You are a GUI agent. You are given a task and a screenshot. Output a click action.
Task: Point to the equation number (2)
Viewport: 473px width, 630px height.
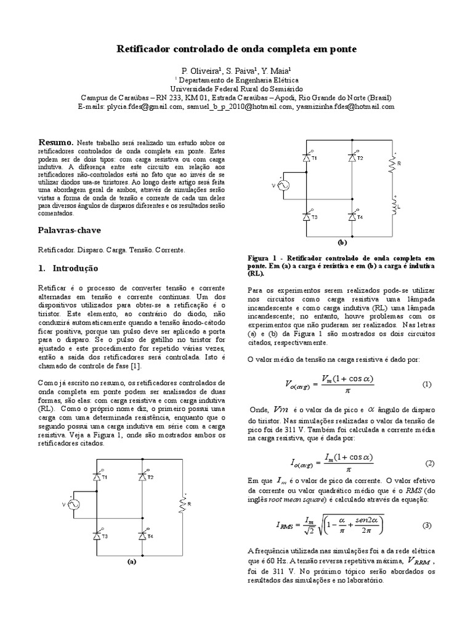(x=429, y=463)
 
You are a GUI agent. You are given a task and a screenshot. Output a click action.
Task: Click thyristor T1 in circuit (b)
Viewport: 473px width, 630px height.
(x=307, y=157)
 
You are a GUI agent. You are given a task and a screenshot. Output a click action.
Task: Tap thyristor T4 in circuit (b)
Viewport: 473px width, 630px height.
(x=352, y=217)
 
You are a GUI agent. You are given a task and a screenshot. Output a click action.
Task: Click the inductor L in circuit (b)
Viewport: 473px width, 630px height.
(x=392, y=206)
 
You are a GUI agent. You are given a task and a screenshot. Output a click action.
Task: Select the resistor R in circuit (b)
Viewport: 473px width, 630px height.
(x=392, y=163)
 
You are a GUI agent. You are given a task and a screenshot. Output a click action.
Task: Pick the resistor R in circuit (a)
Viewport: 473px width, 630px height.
(x=182, y=504)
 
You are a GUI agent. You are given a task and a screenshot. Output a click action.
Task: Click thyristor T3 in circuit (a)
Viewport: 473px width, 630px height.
(x=97, y=536)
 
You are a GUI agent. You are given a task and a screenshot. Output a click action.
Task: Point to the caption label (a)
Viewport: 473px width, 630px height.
(x=131, y=562)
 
